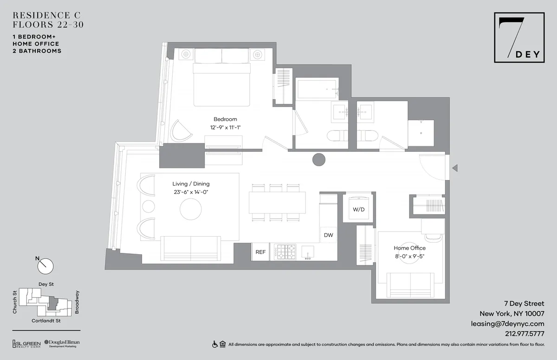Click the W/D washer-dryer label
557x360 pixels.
pyautogui.click(x=358, y=209)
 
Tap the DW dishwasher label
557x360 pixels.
pyautogui.click(x=329, y=235)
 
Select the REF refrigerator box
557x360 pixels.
pyautogui.click(x=261, y=252)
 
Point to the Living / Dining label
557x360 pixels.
pyautogui.click(x=191, y=184)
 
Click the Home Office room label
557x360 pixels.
pyautogui.click(x=409, y=248)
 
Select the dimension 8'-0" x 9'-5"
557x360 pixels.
pyautogui.click(x=409, y=256)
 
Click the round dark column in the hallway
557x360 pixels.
pyautogui.click(x=319, y=160)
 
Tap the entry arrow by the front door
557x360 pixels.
pyautogui.click(x=455, y=168)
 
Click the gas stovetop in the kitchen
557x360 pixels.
pyautogui.click(x=285, y=252)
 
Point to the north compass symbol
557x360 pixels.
pyautogui.click(x=45, y=265)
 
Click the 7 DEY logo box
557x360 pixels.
pyautogui.click(x=518, y=38)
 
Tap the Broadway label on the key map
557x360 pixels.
pyautogui.click(x=78, y=302)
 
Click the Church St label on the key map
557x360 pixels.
pyautogui.click(x=15, y=302)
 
